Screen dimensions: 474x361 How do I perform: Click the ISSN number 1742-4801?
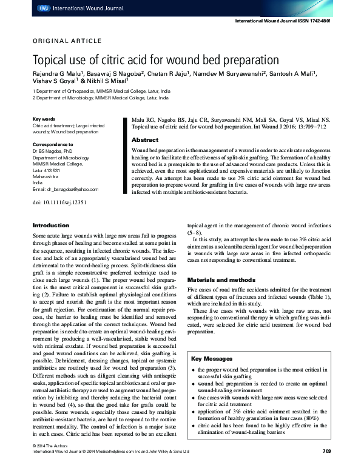319,21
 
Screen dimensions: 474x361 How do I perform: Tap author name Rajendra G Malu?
55,74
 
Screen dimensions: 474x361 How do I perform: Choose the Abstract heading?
144,139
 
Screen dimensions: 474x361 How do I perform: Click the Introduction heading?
51,225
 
